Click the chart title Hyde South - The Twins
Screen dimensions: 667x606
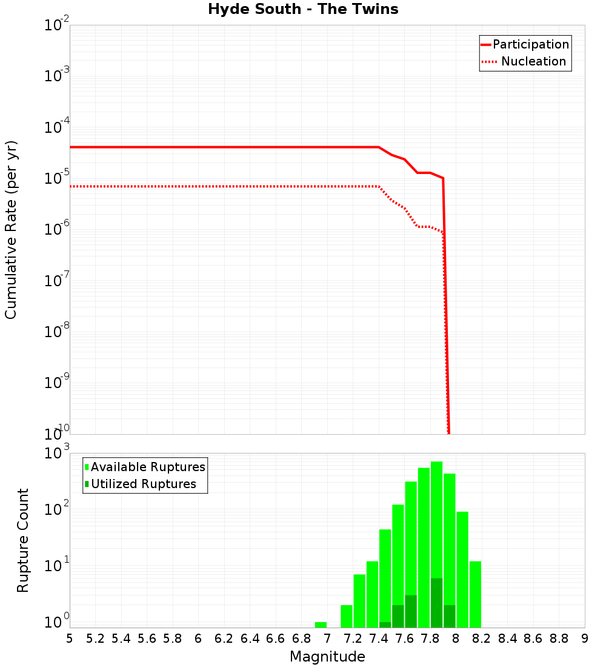pos(303,9)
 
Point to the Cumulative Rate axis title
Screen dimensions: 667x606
pos(11,230)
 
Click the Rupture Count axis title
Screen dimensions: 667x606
pos(23,540)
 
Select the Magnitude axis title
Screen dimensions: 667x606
pos(327,657)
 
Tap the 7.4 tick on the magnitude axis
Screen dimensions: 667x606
pos(379,639)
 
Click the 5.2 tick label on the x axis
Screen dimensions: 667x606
pos(95,639)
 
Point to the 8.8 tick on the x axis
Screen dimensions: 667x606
pos(559,639)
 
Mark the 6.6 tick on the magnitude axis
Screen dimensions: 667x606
pos(276,639)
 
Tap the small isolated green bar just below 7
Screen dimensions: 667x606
pos(321,625)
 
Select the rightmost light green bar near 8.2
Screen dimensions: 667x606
pos(475,594)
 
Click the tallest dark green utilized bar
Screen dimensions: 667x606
pos(436,603)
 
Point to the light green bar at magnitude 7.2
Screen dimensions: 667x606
pos(359,600)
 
